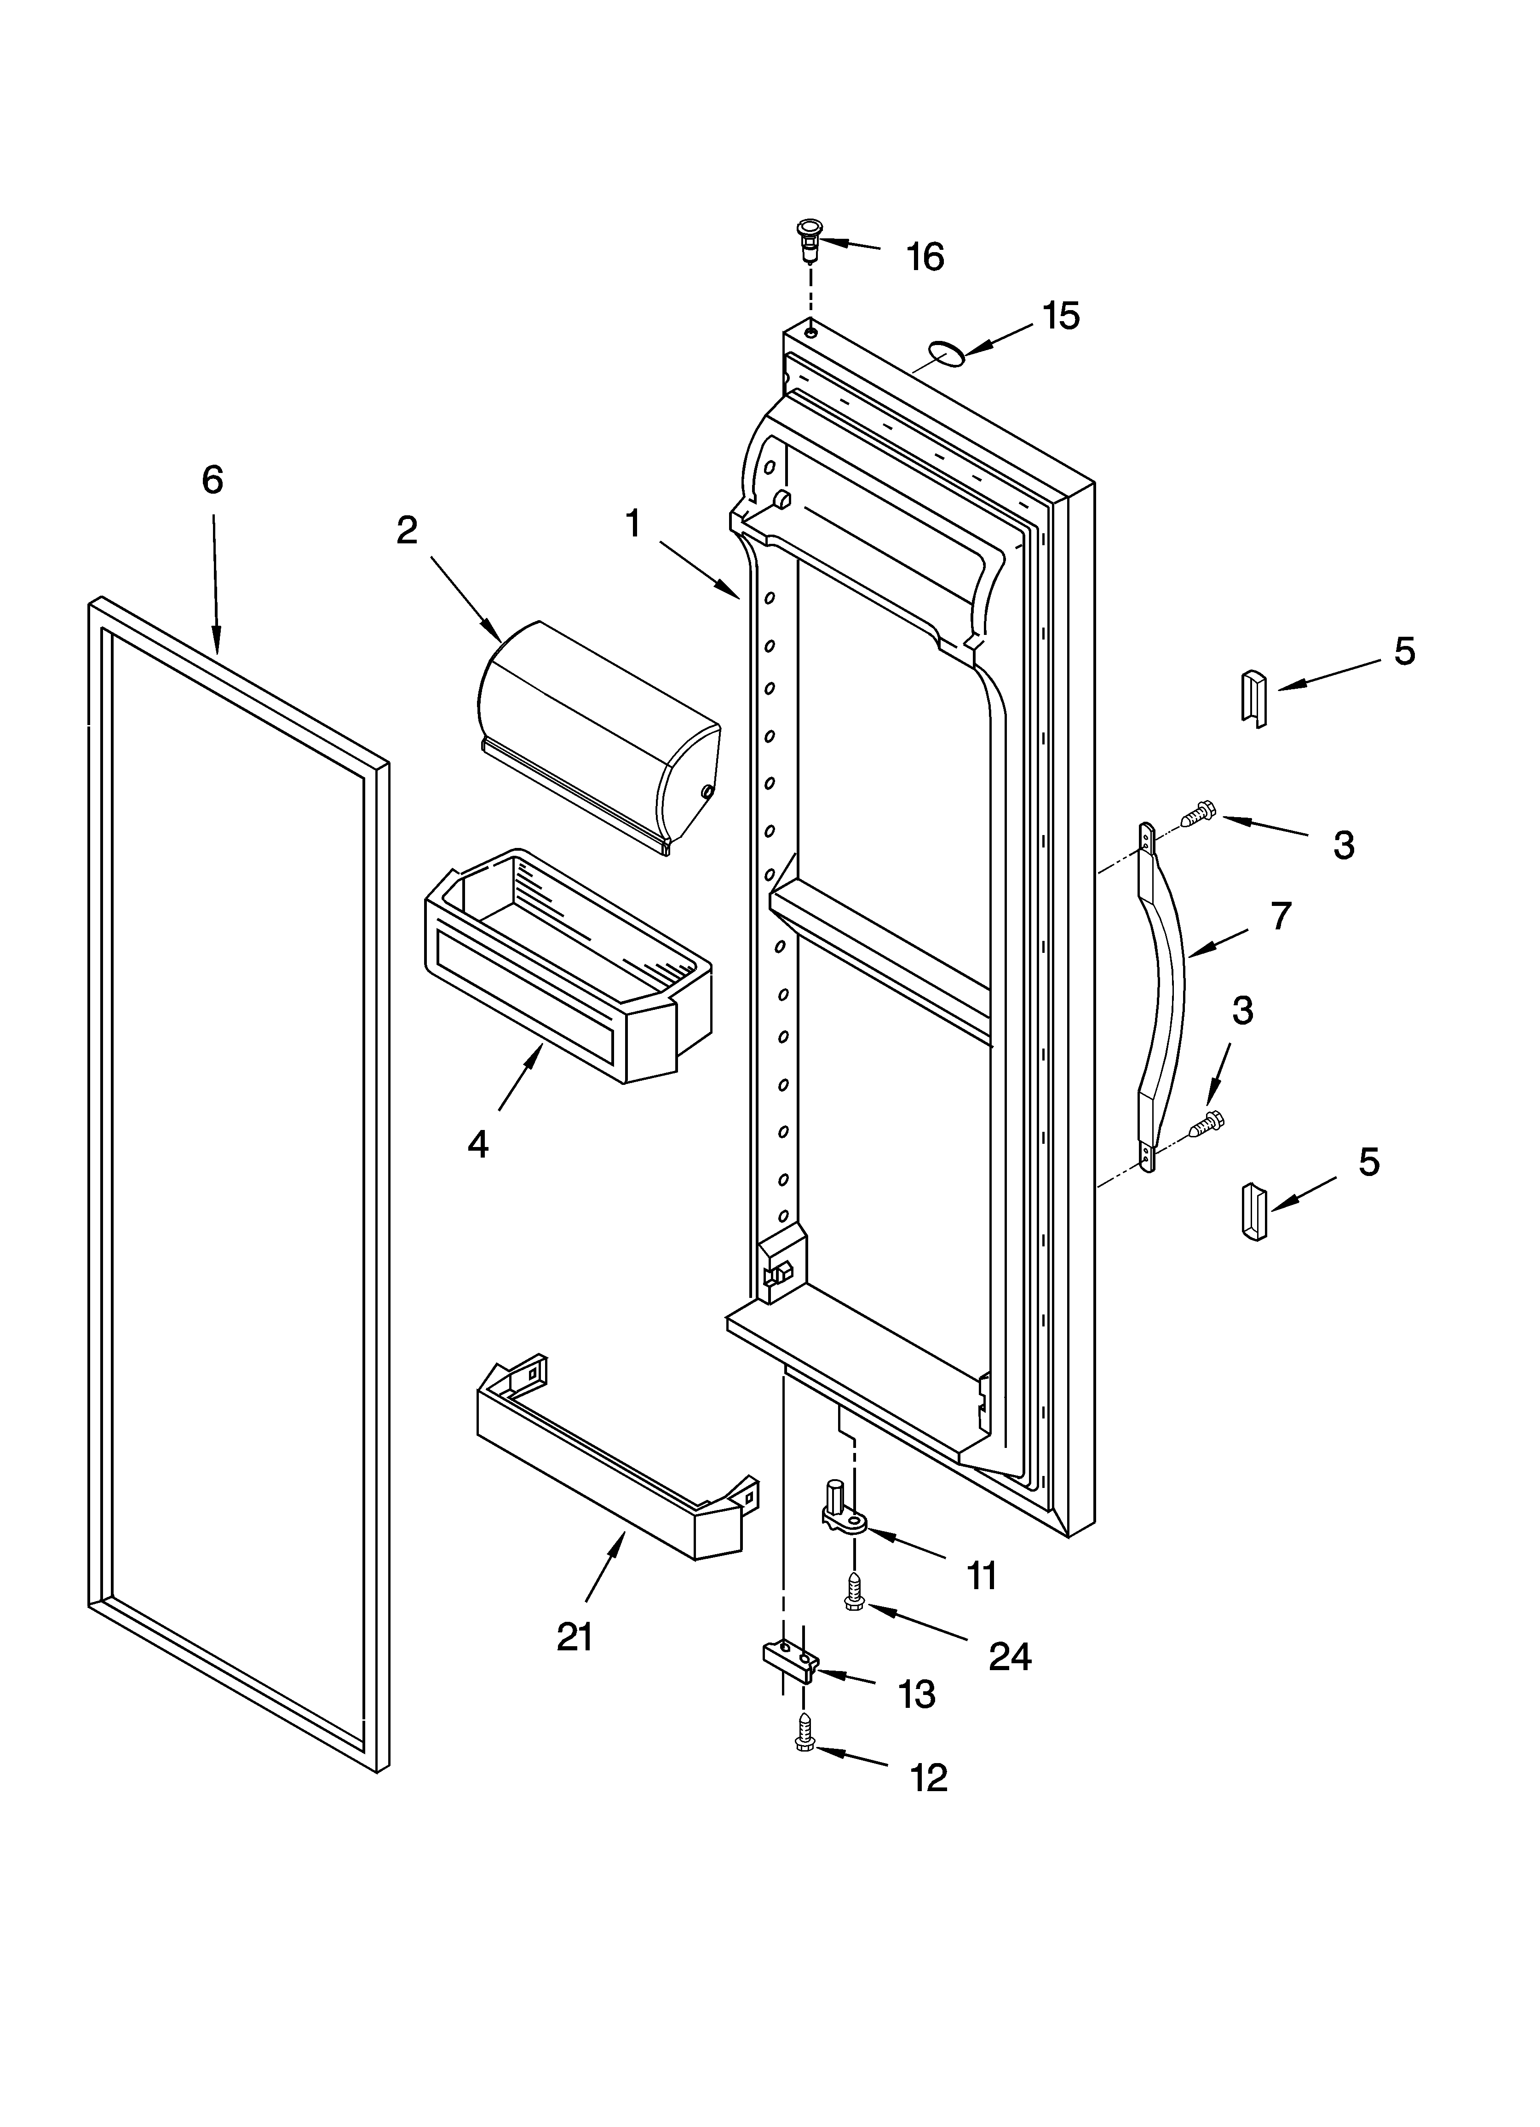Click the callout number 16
click(925, 256)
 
